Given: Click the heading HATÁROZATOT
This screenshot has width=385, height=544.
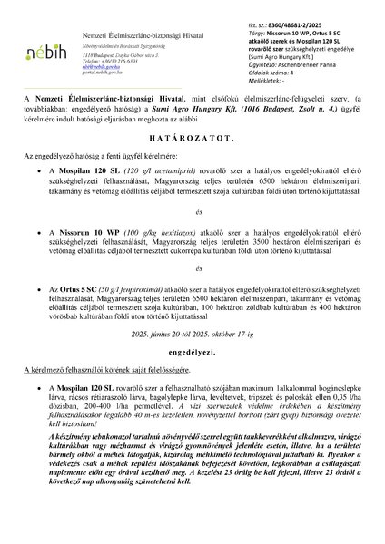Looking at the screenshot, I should tap(192, 141).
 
